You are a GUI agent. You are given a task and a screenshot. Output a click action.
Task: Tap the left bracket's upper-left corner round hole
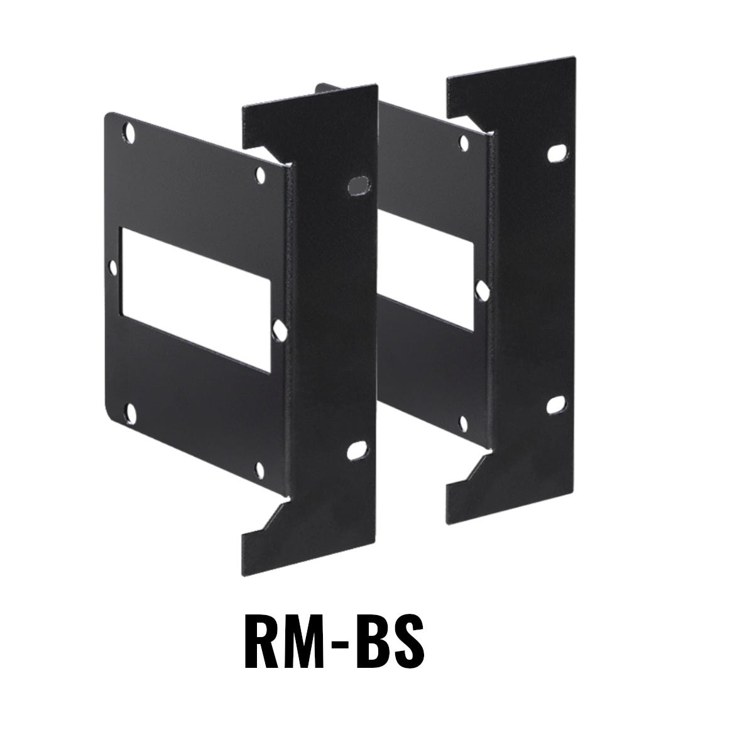click(131, 132)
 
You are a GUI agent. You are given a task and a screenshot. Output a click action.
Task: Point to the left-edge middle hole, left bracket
click(113, 268)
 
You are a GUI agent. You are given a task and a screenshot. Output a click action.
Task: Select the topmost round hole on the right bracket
click(464, 143)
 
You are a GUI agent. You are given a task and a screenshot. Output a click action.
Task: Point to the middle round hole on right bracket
click(481, 289)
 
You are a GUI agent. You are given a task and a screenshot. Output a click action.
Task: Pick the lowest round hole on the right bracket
click(464, 423)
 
